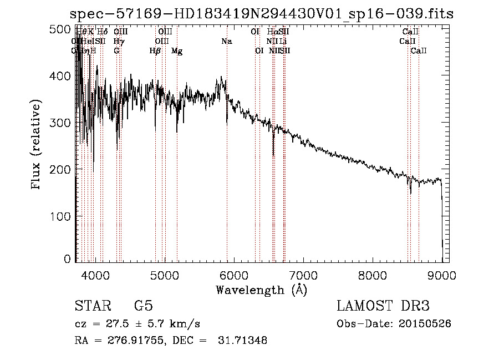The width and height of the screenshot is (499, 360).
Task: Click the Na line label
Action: (x=226, y=41)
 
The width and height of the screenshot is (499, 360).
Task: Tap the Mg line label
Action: (x=177, y=50)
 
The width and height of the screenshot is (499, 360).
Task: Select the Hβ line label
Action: (x=155, y=50)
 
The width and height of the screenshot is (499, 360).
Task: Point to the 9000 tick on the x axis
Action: (x=442, y=274)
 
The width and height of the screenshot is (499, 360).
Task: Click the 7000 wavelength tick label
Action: (x=303, y=274)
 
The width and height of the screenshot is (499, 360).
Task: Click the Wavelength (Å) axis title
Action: (x=261, y=290)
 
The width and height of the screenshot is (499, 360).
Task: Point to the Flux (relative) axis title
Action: (x=37, y=145)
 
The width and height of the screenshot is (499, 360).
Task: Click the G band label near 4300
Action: (x=116, y=50)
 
